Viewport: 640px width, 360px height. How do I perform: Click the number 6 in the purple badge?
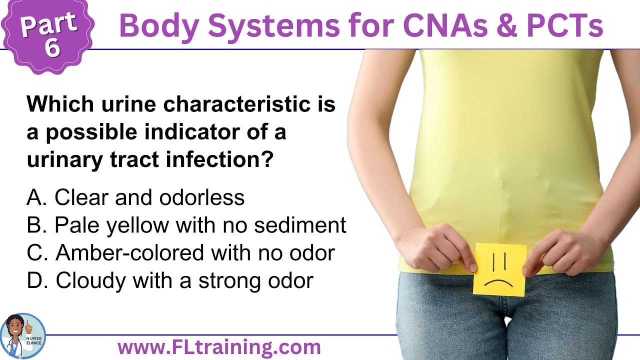click(x=52, y=47)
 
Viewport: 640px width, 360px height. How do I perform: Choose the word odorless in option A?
click(x=202, y=198)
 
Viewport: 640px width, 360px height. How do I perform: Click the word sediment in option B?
click(x=300, y=225)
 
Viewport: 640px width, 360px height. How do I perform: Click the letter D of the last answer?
click(x=35, y=280)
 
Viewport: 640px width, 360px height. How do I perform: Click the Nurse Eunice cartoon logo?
click(x=23, y=336)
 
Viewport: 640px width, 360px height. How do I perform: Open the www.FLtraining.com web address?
click(x=219, y=346)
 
